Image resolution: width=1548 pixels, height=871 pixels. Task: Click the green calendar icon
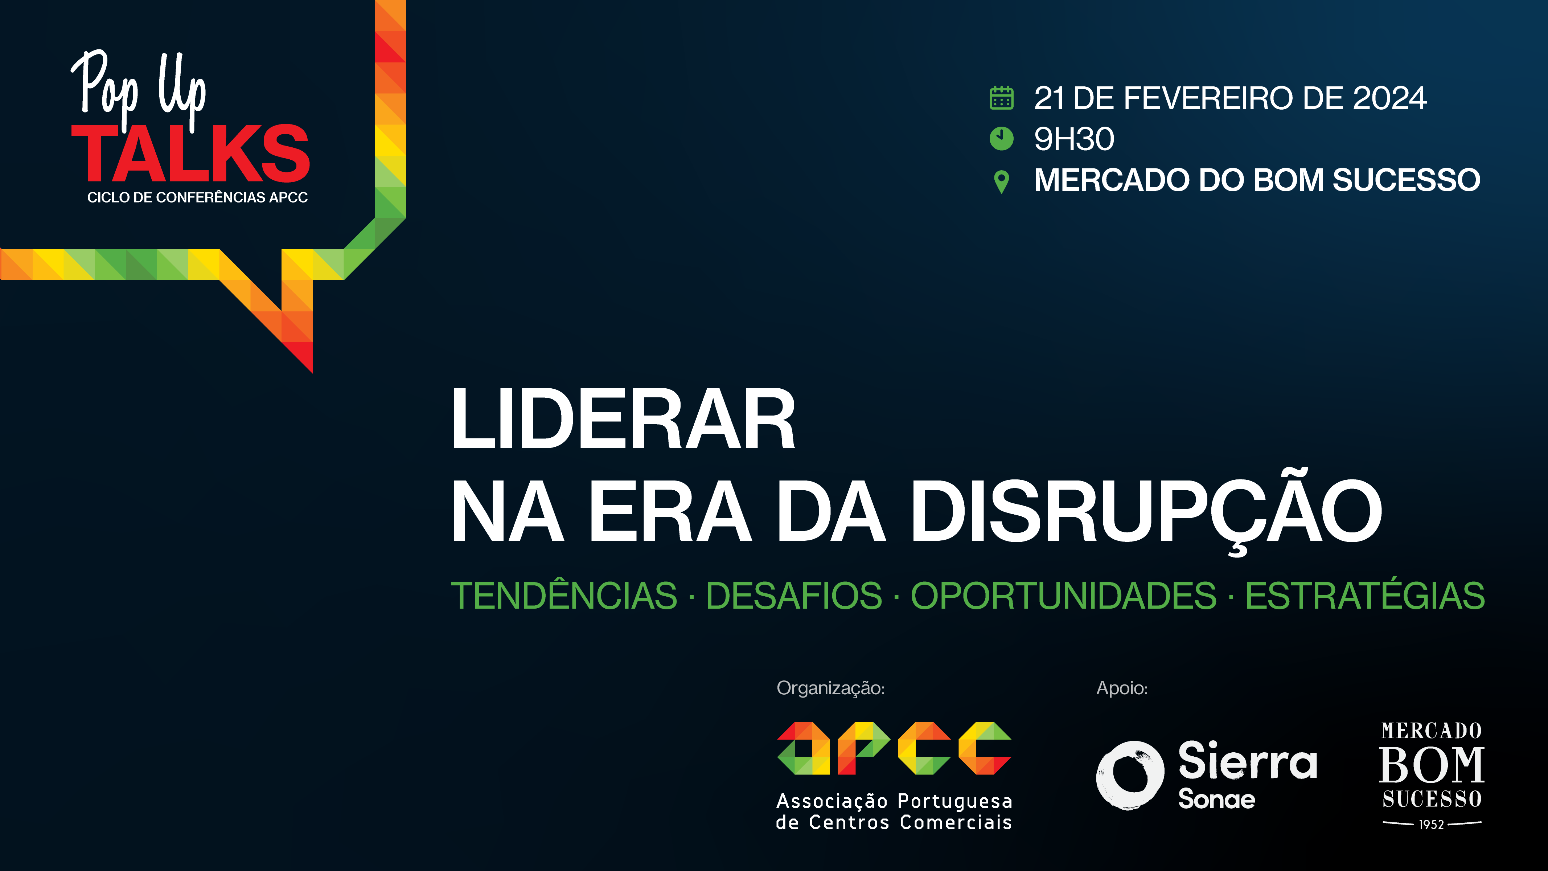click(x=1001, y=98)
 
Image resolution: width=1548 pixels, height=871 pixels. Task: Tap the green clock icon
click(x=1001, y=139)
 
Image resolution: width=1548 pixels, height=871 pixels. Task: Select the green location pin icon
click(x=1001, y=181)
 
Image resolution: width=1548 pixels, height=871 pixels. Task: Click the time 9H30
click(x=1074, y=139)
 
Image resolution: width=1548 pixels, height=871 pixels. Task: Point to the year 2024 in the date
click(x=1389, y=99)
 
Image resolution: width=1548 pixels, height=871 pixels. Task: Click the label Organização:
click(x=830, y=688)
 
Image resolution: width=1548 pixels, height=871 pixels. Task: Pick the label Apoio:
click(x=1122, y=688)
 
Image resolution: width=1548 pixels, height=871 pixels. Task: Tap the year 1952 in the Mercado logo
click(x=1432, y=825)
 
